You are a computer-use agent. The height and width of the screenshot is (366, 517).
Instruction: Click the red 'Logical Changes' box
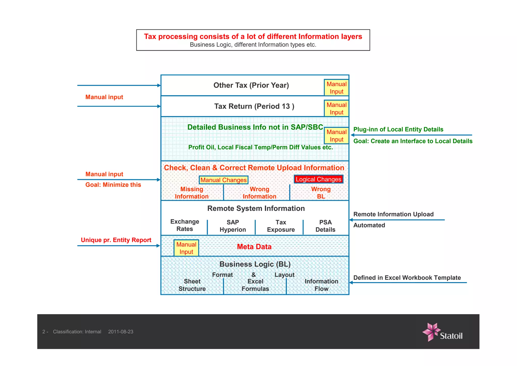click(318, 179)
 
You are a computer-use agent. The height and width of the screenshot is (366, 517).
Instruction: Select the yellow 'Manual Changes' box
click(223, 180)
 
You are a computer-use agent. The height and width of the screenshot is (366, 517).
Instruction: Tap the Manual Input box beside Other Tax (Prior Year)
click(337, 88)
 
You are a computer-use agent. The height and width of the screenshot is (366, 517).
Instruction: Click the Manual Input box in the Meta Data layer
click(186, 248)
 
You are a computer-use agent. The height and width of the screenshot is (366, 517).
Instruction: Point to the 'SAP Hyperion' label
click(232, 226)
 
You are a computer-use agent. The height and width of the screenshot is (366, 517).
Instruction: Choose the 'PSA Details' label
click(325, 226)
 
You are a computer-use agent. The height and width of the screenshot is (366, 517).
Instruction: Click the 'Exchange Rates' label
click(185, 225)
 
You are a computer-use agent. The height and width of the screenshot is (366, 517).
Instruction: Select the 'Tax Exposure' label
click(281, 226)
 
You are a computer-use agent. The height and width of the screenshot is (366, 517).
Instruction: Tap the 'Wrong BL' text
click(321, 193)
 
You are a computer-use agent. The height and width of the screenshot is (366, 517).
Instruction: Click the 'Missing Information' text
click(192, 193)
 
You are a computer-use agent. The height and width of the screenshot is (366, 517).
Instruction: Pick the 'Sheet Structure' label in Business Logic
click(192, 285)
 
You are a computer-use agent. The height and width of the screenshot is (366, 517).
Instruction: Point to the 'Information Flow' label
click(321, 285)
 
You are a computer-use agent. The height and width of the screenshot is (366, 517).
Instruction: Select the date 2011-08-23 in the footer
click(121, 332)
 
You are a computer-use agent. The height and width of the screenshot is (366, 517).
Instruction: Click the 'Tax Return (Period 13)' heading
click(254, 106)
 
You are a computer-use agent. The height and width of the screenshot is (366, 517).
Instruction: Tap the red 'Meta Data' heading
click(254, 247)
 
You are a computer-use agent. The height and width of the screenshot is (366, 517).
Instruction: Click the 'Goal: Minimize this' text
click(113, 185)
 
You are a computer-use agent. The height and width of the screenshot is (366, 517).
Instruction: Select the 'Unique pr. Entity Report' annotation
click(116, 240)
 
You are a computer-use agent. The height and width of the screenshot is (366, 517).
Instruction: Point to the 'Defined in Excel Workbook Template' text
click(407, 278)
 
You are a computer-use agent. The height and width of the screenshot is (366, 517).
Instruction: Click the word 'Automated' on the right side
click(369, 225)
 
